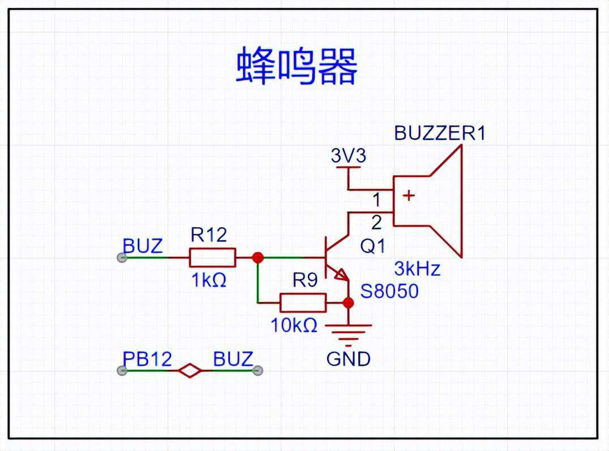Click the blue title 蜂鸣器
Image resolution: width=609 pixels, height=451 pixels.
coord(297,67)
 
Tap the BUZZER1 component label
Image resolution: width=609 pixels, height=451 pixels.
coord(440,133)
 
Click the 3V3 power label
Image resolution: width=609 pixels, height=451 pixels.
coord(348,155)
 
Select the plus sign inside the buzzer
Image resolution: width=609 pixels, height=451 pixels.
coord(408,196)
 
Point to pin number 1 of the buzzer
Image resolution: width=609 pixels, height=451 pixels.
coord(376,200)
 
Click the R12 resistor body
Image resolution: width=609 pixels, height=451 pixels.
coord(212,258)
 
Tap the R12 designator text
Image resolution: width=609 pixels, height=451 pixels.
coord(208,235)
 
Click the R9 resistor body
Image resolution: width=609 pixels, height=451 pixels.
coord(303,303)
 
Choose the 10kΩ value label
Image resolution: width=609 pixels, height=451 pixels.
coord(294,326)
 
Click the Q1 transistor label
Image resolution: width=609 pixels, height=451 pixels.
coord(372,246)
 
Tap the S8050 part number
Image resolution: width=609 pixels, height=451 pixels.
coord(389,291)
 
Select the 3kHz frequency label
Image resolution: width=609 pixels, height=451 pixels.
coord(417,268)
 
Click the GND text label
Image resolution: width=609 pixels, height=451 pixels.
coord(348,359)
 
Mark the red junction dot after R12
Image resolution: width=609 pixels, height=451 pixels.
coord(258,258)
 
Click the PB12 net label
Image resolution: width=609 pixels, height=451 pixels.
coord(147,359)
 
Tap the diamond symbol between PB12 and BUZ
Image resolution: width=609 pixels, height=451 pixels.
coord(190,371)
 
